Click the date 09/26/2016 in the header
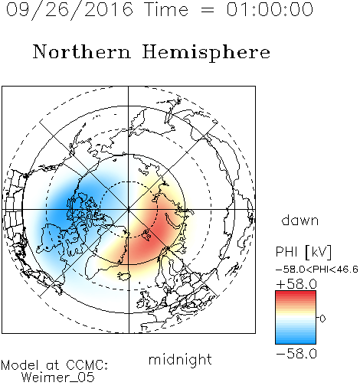tap(70, 10)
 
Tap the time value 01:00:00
tap(270, 9)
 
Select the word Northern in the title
tap(82, 51)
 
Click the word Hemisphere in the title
tap(206, 53)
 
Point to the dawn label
tap(300, 220)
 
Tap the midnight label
tap(180, 359)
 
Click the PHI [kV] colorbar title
tap(303, 252)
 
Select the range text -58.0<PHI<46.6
tap(317, 270)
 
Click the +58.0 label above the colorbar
tap(296, 284)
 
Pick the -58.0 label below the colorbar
tap(296, 354)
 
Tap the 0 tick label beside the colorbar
tap(322, 319)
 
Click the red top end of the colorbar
tap(296, 293)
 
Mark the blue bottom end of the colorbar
tap(296, 342)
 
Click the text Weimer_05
tap(58, 378)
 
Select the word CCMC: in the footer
tap(87, 365)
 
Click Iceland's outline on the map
tap(124, 276)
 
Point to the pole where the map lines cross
tap(129, 209)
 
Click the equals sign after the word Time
tap(207, 11)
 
